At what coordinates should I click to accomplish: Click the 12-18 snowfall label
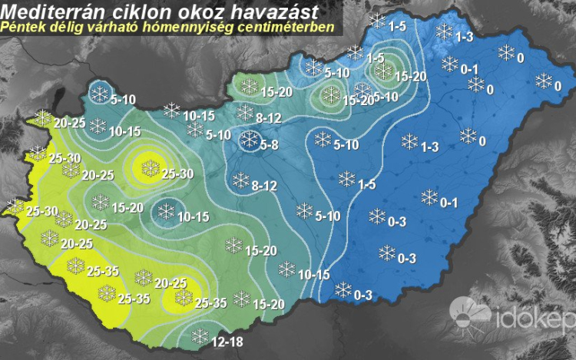click(227, 338)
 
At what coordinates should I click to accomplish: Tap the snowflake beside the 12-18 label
click(200, 335)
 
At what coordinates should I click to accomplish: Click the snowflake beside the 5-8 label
click(249, 140)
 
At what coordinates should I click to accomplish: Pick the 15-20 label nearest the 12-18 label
click(269, 305)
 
